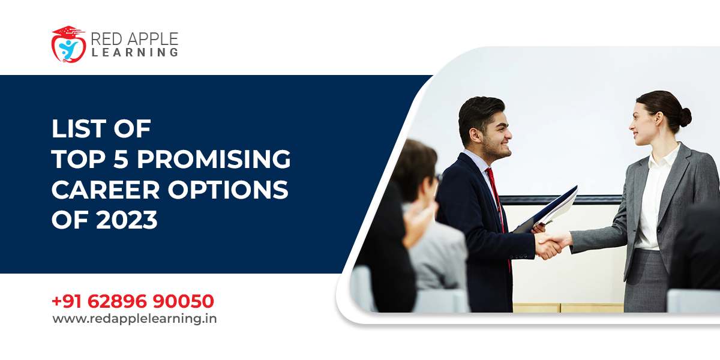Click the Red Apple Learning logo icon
point(68,44)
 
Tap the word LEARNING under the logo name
point(134,53)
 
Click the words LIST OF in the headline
point(101,129)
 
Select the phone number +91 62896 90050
point(133,301)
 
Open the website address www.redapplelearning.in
point(134,319)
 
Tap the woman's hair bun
point(685,116)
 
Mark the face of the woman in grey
point(644,125)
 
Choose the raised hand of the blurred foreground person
point(418,222)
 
